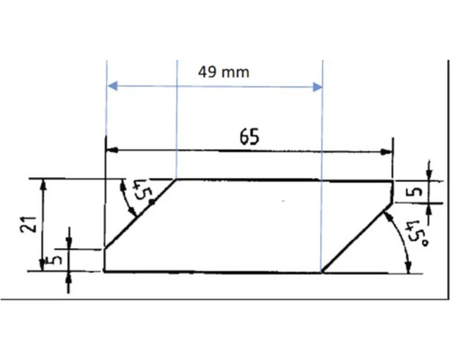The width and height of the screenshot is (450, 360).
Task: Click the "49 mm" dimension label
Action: (223, 70)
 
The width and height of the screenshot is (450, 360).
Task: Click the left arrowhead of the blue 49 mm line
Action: (112, 87)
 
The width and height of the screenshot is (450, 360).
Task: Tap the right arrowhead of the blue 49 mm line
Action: (317, 87)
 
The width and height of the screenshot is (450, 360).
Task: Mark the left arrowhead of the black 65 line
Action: (111, 150)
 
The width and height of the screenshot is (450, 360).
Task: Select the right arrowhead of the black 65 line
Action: (389, 150)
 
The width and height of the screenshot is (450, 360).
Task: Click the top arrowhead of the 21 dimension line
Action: (41, 183)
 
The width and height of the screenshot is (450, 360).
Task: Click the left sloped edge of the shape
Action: (140, 213)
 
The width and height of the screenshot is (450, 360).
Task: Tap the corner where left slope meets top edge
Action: (176, 179)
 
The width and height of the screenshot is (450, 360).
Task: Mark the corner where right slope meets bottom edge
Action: (321, 270)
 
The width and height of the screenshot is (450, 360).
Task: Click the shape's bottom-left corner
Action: (106, 270)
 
